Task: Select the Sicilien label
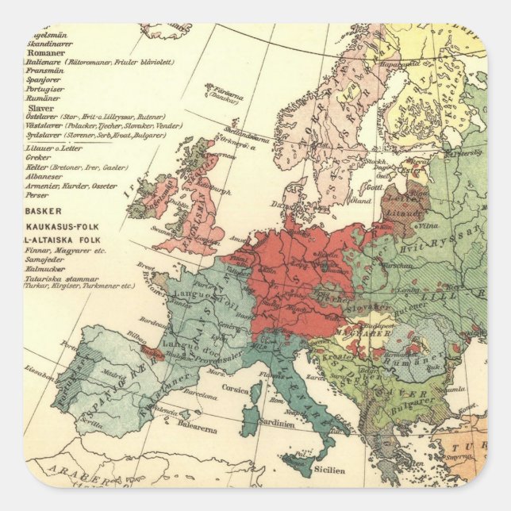[x=328, y=470]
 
